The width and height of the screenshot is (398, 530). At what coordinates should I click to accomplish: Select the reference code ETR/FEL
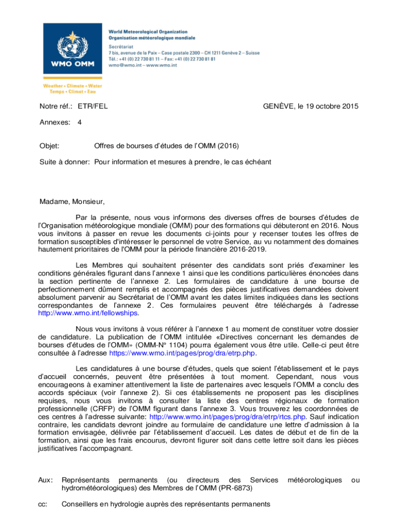pyautogui.click(x=93, y=107)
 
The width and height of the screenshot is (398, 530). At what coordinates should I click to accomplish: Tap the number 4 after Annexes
pyautogui.click(x=79, y=123)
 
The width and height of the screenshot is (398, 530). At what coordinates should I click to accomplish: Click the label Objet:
pyautogui.click(x=50, y=146)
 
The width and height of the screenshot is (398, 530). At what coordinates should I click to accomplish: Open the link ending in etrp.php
pyautogui.click(x=182, y=354)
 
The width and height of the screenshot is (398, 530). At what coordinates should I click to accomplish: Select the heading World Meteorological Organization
pyautogui.click(x=148, y=32)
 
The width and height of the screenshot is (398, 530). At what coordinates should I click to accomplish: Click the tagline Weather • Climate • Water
pyautogui.click(x=72, y=86)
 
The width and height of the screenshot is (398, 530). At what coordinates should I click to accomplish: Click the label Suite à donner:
pyautogui.click(x=65, y=162)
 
